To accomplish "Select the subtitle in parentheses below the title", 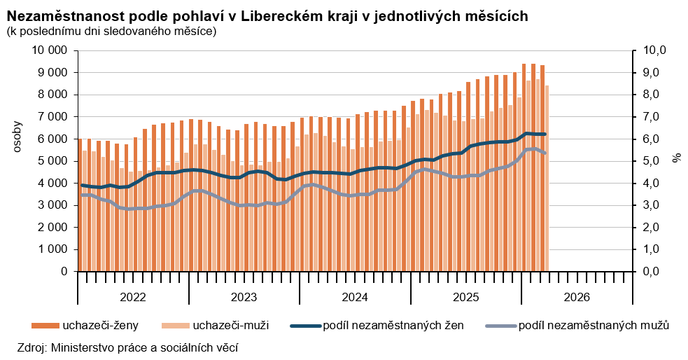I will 111,31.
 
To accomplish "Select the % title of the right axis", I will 676,157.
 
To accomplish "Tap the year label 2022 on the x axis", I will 133,297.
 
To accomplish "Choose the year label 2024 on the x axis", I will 355,297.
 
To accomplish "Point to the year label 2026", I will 577,297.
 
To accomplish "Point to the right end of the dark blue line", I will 545,134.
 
